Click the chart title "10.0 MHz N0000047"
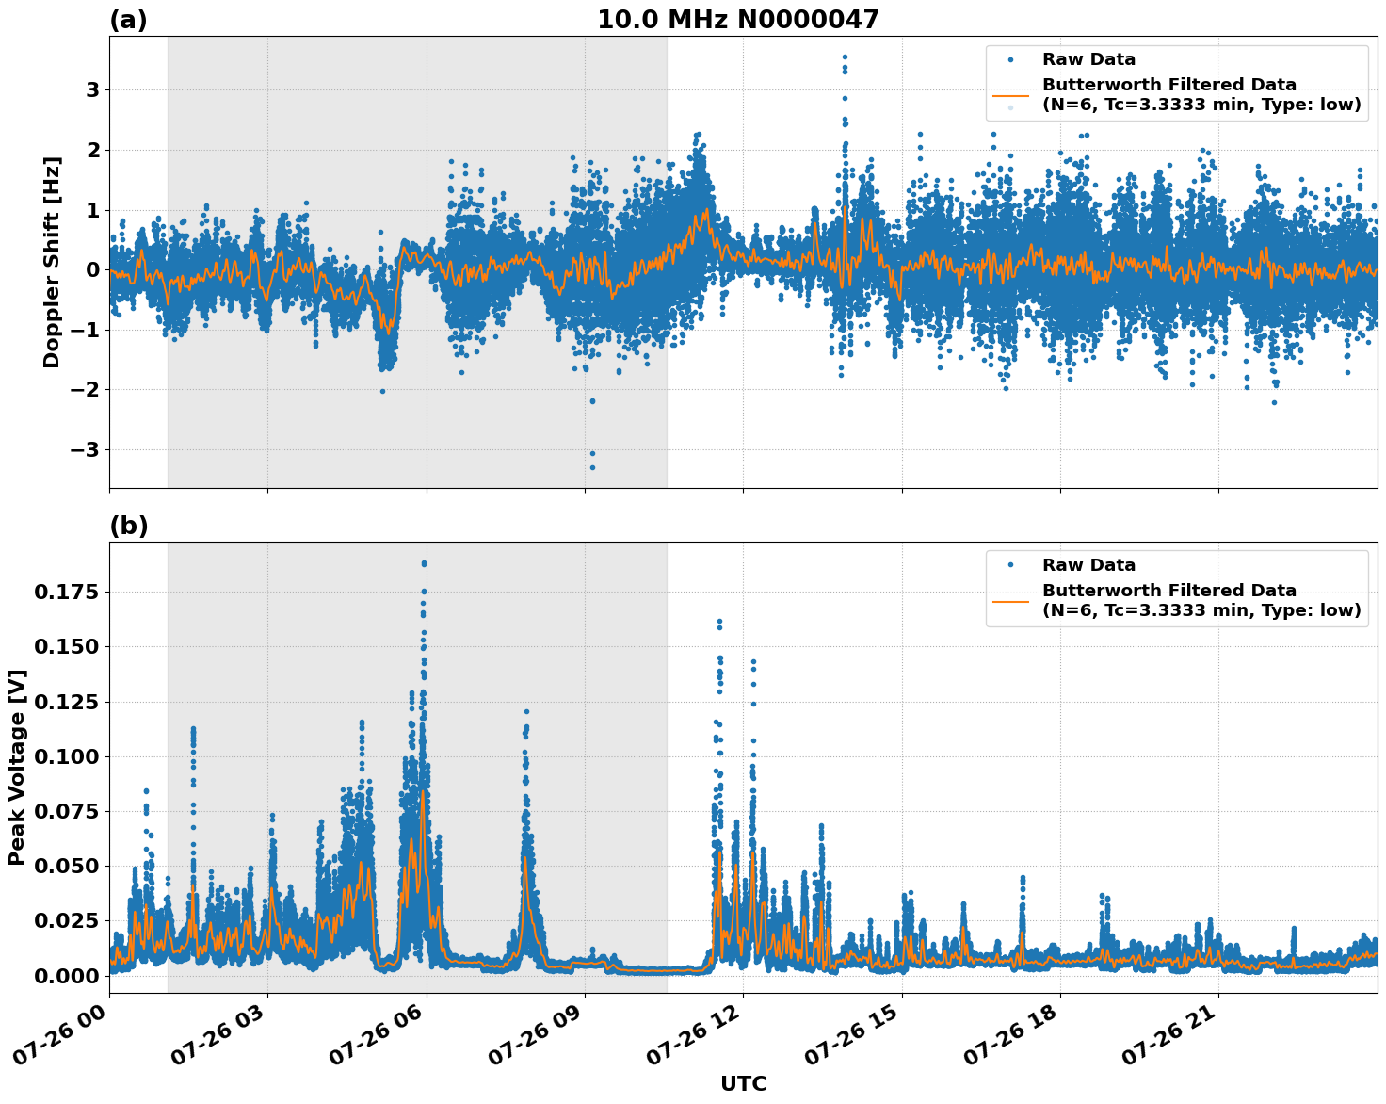coord(737,20)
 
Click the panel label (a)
coord(128,20)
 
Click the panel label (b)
coord(128,526)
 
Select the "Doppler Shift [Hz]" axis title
coord(52,262)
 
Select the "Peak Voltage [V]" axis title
coord(17,767)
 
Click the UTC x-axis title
coord(743,1083)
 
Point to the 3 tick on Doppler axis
coord(92,90)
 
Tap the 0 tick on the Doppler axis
coord(92,270)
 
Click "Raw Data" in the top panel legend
coord(1088,59)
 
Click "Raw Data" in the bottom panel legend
coord(1088,565)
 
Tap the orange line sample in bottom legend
coord(1010,600)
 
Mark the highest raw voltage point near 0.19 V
coord(424,563)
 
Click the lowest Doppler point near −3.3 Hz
coord(592,467)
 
